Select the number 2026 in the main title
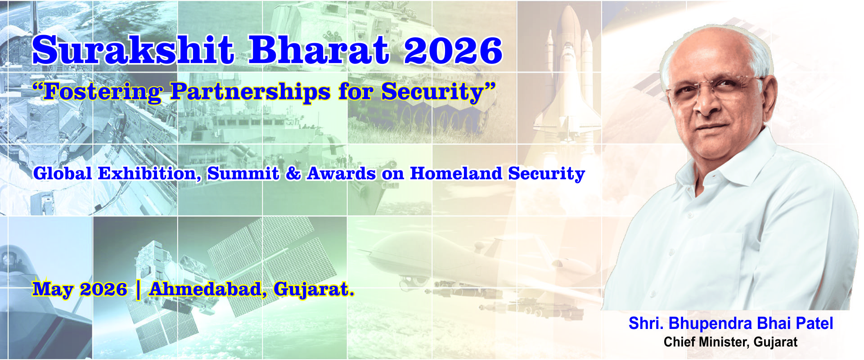(453, 50)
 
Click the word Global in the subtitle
(63, 174)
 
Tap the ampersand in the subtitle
(293, 174)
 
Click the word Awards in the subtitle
(341, 174)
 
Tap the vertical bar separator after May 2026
(138, 289)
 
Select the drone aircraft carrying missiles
(472, 261)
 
